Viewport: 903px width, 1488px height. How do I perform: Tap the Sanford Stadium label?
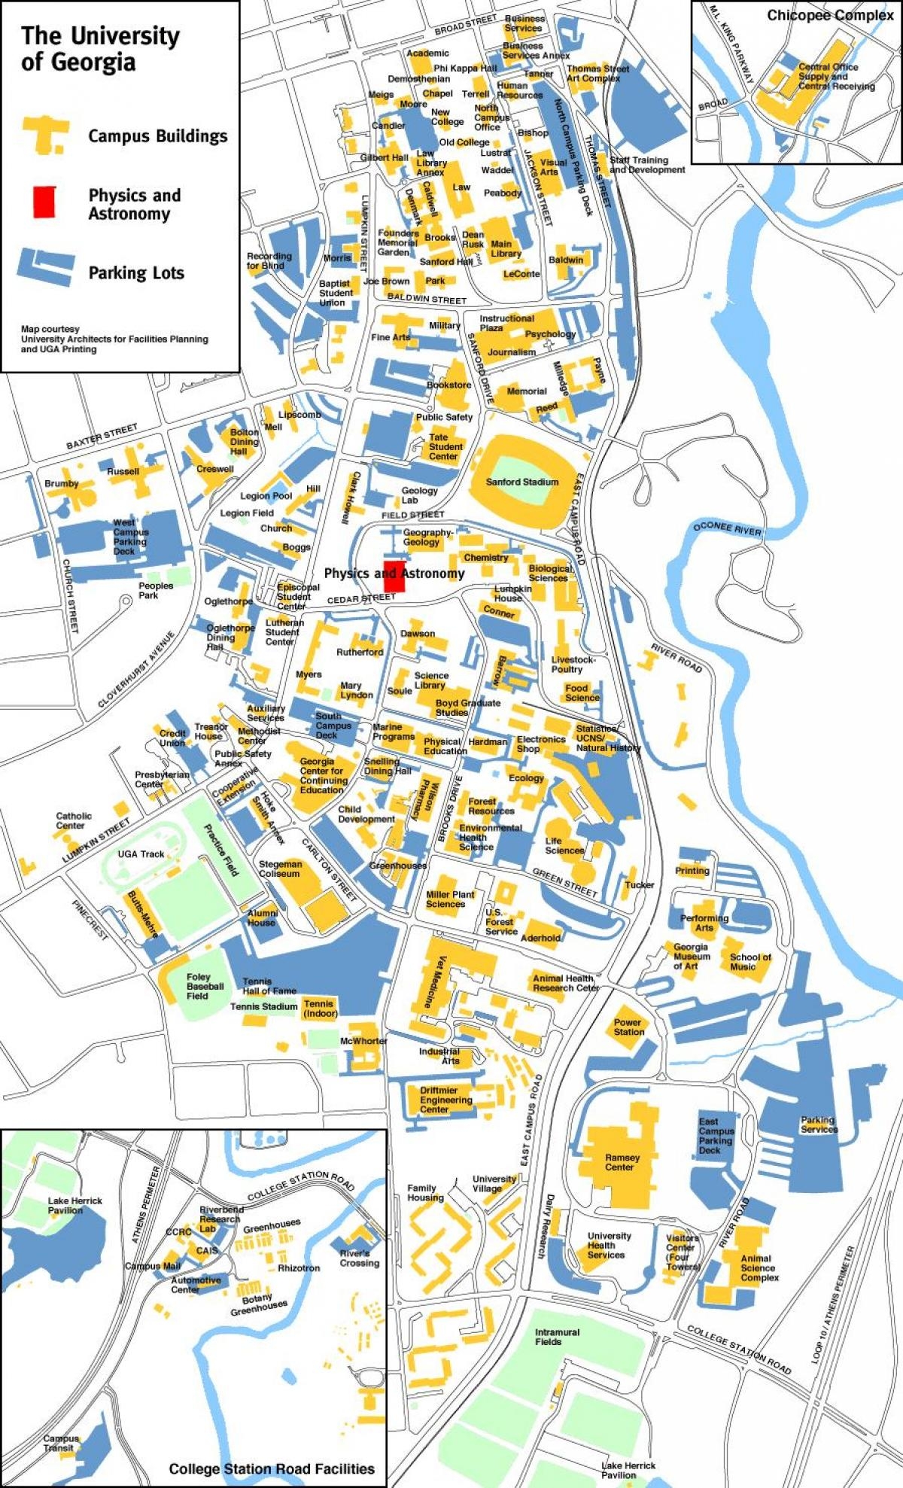[522, 482]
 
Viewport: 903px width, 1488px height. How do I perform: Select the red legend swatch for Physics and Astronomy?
[44, 202]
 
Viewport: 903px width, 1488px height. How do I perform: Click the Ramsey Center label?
[622, 1162]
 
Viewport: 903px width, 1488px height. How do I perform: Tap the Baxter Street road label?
[102, 436]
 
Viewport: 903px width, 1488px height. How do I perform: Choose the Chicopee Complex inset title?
[829, 16]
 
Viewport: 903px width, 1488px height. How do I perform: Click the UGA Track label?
[141, 854]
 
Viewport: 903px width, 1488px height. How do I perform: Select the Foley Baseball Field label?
[205, 986]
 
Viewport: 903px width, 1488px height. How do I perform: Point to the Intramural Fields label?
[557, 1337]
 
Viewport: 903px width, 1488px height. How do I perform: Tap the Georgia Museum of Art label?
[691, 956]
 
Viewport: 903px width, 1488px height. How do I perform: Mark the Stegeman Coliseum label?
[280, 869]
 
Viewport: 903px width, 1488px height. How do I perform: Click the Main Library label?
[505, 248]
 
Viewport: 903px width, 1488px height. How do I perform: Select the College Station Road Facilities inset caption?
[271, 1468]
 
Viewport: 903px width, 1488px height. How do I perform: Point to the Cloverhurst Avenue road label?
[136, 669]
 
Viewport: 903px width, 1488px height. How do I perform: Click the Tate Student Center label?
[445, 446]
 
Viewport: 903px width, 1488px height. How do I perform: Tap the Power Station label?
[628, 1027]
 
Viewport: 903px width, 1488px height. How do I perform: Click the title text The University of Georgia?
[99, 48]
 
